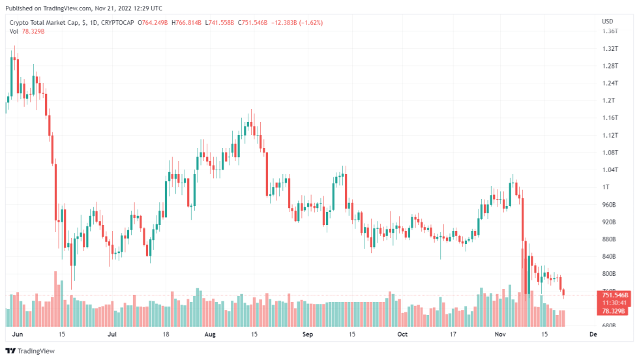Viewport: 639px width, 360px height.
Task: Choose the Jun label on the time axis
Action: (18, 335)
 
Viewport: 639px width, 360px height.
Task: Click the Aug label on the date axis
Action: (210, 335)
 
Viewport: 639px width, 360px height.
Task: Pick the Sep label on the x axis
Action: (308, 335)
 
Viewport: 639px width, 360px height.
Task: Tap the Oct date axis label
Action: (402, 335)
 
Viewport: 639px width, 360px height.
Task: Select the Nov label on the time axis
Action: (500, 335)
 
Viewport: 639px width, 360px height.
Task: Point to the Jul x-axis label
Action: (111, 335)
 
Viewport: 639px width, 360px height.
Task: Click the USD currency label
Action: (606, 22)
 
